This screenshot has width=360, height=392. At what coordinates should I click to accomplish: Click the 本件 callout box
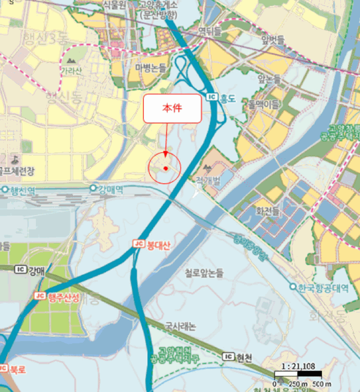pos(172,108)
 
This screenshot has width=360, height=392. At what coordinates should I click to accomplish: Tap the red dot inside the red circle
pos(166,168)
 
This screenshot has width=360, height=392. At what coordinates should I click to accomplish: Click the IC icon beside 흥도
pos(212,98)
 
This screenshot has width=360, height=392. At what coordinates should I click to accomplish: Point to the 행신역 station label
pos(22,190)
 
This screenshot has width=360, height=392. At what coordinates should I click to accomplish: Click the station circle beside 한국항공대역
pos(293,287)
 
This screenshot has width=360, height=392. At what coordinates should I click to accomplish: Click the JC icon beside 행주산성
pos(40,296)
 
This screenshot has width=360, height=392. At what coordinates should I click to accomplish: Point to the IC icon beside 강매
pos(21,269)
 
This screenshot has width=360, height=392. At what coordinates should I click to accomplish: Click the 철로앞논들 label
pos(204,273)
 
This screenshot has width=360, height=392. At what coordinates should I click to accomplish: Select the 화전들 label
pos(267,212)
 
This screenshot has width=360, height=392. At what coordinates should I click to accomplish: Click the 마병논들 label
pos(151,68)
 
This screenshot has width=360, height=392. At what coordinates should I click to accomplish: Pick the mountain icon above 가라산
pos(71,59)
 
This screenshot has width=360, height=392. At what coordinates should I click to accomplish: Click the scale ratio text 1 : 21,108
pos(298,367)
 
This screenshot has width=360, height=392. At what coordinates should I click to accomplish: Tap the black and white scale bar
pos(298,374)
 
